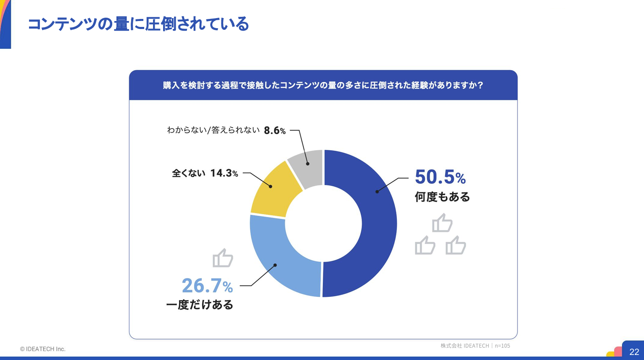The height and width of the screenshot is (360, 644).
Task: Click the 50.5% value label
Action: [x=440, y=177]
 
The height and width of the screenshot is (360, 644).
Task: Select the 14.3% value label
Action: [x=224, y=173]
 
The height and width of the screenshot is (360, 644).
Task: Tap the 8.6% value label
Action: [x=274, y=130]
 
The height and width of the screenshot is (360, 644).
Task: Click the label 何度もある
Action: [x=442, y=197]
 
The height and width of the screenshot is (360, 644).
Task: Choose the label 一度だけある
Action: [x=200, y=304]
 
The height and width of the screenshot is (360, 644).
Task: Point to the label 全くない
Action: [x=188, y=173]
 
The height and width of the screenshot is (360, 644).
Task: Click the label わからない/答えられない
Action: [x=213, y=130]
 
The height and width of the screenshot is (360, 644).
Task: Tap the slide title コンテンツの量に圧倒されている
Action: [x=138, y=24]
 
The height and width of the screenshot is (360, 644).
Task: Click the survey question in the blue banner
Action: [x=323, y=85]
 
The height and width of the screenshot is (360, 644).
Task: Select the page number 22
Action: [x=634, y=352]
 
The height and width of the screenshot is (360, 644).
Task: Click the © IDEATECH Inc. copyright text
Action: [x=43, y=349]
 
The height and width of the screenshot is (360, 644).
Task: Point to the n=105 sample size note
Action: [x=502, y=346]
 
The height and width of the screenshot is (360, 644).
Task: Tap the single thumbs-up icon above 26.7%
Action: [x=223, y=258]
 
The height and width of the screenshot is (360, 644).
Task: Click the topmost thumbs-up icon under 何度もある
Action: [x=442, y=222]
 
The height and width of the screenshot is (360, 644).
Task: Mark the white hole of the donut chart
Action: [x=323, y=223]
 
